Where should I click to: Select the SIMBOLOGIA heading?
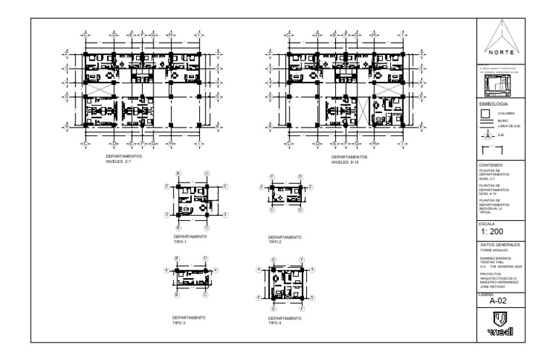click(x=494, y=104)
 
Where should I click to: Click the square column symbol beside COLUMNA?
click(x=487, y=114)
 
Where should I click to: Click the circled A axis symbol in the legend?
click(x=486, y=135)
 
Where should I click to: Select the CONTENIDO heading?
click(x=492, y=165)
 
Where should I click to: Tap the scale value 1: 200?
click(x=497, y=232)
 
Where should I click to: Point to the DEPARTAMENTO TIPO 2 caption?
click(x=285, y=238)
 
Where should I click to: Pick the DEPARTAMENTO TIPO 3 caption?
click(x=189, y=319)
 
